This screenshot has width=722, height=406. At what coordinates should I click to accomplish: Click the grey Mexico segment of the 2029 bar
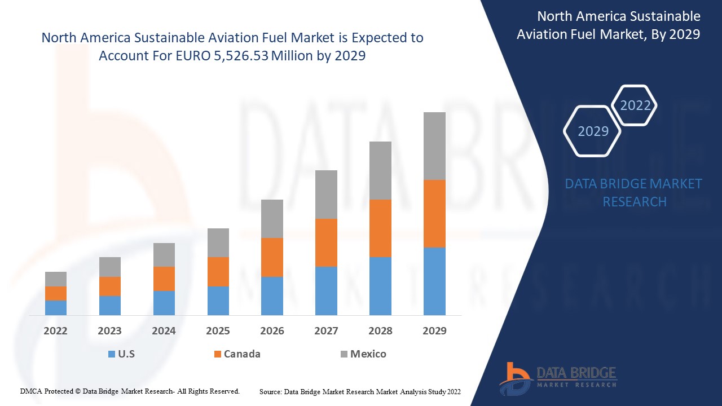click(434, 146)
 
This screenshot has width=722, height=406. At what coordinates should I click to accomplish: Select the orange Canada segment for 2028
click(380, 228)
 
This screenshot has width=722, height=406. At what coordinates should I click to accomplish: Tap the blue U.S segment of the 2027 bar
click(326, 290)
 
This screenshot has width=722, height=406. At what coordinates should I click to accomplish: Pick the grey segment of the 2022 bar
click(56, 279)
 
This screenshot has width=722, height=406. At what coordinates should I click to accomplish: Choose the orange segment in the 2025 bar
click(218, 272)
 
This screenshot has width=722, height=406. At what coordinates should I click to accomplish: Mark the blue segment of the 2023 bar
click(110, 305)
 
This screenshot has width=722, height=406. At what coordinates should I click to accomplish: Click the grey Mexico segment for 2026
click(272, 219)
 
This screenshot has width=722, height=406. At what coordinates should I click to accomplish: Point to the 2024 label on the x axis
click(164, 331)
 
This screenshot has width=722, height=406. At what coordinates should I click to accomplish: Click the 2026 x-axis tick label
click(272, 331)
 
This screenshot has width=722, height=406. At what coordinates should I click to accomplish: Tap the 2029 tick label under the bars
click(434, 331)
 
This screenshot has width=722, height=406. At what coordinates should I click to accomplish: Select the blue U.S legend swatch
click(112, 354)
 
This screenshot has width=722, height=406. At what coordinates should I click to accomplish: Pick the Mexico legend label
click(368, 354)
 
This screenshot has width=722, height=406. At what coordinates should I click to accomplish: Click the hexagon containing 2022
click(635, 105)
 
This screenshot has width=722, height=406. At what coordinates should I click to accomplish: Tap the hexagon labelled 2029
click(593, 131)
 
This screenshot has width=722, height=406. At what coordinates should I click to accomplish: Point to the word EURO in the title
click(194, 56)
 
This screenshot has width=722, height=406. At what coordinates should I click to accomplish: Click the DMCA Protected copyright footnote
click(130, 391)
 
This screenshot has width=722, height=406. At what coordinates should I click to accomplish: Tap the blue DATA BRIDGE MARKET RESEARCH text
click(634, 193)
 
